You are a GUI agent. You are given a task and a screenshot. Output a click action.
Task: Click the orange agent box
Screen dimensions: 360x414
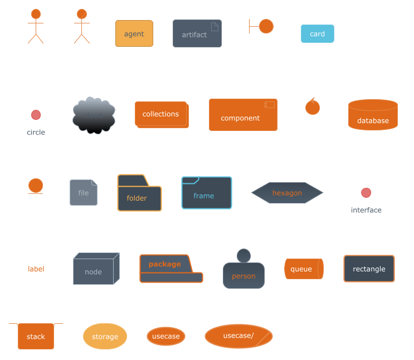click(x=134, y=34)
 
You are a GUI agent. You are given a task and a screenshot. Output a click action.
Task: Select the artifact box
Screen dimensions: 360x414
click(x=197, y=34)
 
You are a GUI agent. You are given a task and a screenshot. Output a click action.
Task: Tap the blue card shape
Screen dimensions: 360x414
click(x=317, y=34)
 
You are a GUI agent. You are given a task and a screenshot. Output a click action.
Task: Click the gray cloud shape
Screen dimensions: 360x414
click(x=94, y=116)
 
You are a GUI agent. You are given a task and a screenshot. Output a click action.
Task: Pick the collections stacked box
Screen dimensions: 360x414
click(x=160, y=114)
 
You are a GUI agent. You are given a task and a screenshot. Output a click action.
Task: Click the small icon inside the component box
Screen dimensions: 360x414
click(x=269, y=105)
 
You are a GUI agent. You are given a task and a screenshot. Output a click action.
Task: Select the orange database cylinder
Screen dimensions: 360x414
click(x=373, y=115)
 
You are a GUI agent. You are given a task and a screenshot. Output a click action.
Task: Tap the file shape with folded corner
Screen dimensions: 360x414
click(x=83, y=193)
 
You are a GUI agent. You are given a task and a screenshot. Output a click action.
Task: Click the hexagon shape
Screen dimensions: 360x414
click(x=287, y=193)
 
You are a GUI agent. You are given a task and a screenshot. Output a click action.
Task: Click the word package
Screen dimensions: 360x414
click(x=164, y=264)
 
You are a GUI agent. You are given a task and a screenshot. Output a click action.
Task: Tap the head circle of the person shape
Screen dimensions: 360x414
click(x=243, y=256)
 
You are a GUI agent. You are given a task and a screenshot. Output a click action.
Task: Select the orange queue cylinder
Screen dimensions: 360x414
click(x=303, y=269)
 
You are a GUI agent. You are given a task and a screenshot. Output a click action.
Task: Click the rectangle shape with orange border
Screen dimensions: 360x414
click(x=369, y=269)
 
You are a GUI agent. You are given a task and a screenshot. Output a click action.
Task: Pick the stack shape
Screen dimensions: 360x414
click(x=36, y=336)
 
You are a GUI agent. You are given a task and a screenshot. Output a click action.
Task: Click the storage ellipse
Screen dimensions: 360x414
click(x=105, y=336)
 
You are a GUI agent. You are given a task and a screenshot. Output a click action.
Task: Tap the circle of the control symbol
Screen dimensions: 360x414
click(x=312, y=106)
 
